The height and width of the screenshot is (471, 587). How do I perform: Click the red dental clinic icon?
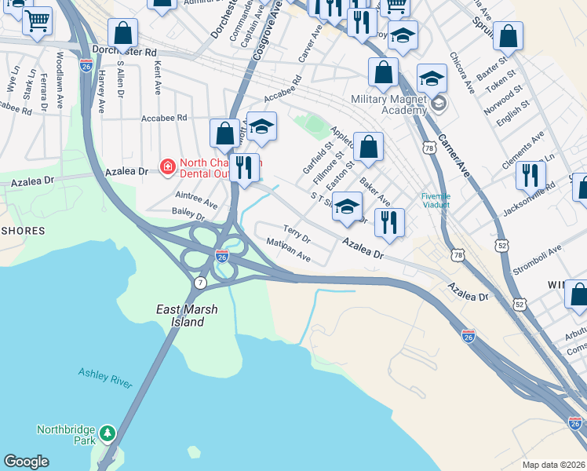[166, 166]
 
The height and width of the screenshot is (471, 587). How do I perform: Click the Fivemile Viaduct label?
[436, 201]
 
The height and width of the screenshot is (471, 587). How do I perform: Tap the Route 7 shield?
[201, 282]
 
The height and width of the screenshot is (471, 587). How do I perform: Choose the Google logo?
[27, 462]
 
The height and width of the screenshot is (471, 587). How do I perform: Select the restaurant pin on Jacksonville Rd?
[531, 176]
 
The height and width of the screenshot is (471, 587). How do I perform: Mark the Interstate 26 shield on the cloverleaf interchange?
[222, 257]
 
